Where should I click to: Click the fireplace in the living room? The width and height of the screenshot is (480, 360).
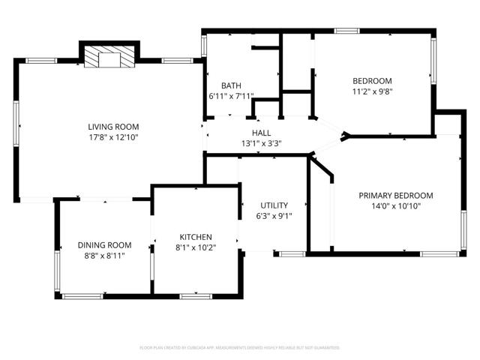109,58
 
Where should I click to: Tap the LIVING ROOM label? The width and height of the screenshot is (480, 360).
113,127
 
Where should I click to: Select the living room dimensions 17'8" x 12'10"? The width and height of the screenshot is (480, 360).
113,138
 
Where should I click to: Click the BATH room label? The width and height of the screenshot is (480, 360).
230,85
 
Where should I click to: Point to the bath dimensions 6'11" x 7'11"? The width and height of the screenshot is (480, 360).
231,96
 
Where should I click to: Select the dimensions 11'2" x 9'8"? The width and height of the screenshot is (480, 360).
372,92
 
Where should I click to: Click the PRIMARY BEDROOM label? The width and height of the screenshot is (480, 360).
395,195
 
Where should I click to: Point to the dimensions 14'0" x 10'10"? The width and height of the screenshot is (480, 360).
395,206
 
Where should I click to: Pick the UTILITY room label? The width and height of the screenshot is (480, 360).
274,205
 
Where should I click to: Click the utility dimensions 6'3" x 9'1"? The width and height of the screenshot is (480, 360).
274,216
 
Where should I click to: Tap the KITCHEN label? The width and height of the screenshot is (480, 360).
195,236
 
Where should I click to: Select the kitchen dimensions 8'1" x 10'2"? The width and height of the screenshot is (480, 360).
195,247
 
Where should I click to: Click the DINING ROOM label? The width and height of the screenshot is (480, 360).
104,244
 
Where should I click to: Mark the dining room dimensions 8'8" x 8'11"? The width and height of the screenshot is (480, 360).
104,256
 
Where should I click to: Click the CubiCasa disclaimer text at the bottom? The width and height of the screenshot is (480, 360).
240,348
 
